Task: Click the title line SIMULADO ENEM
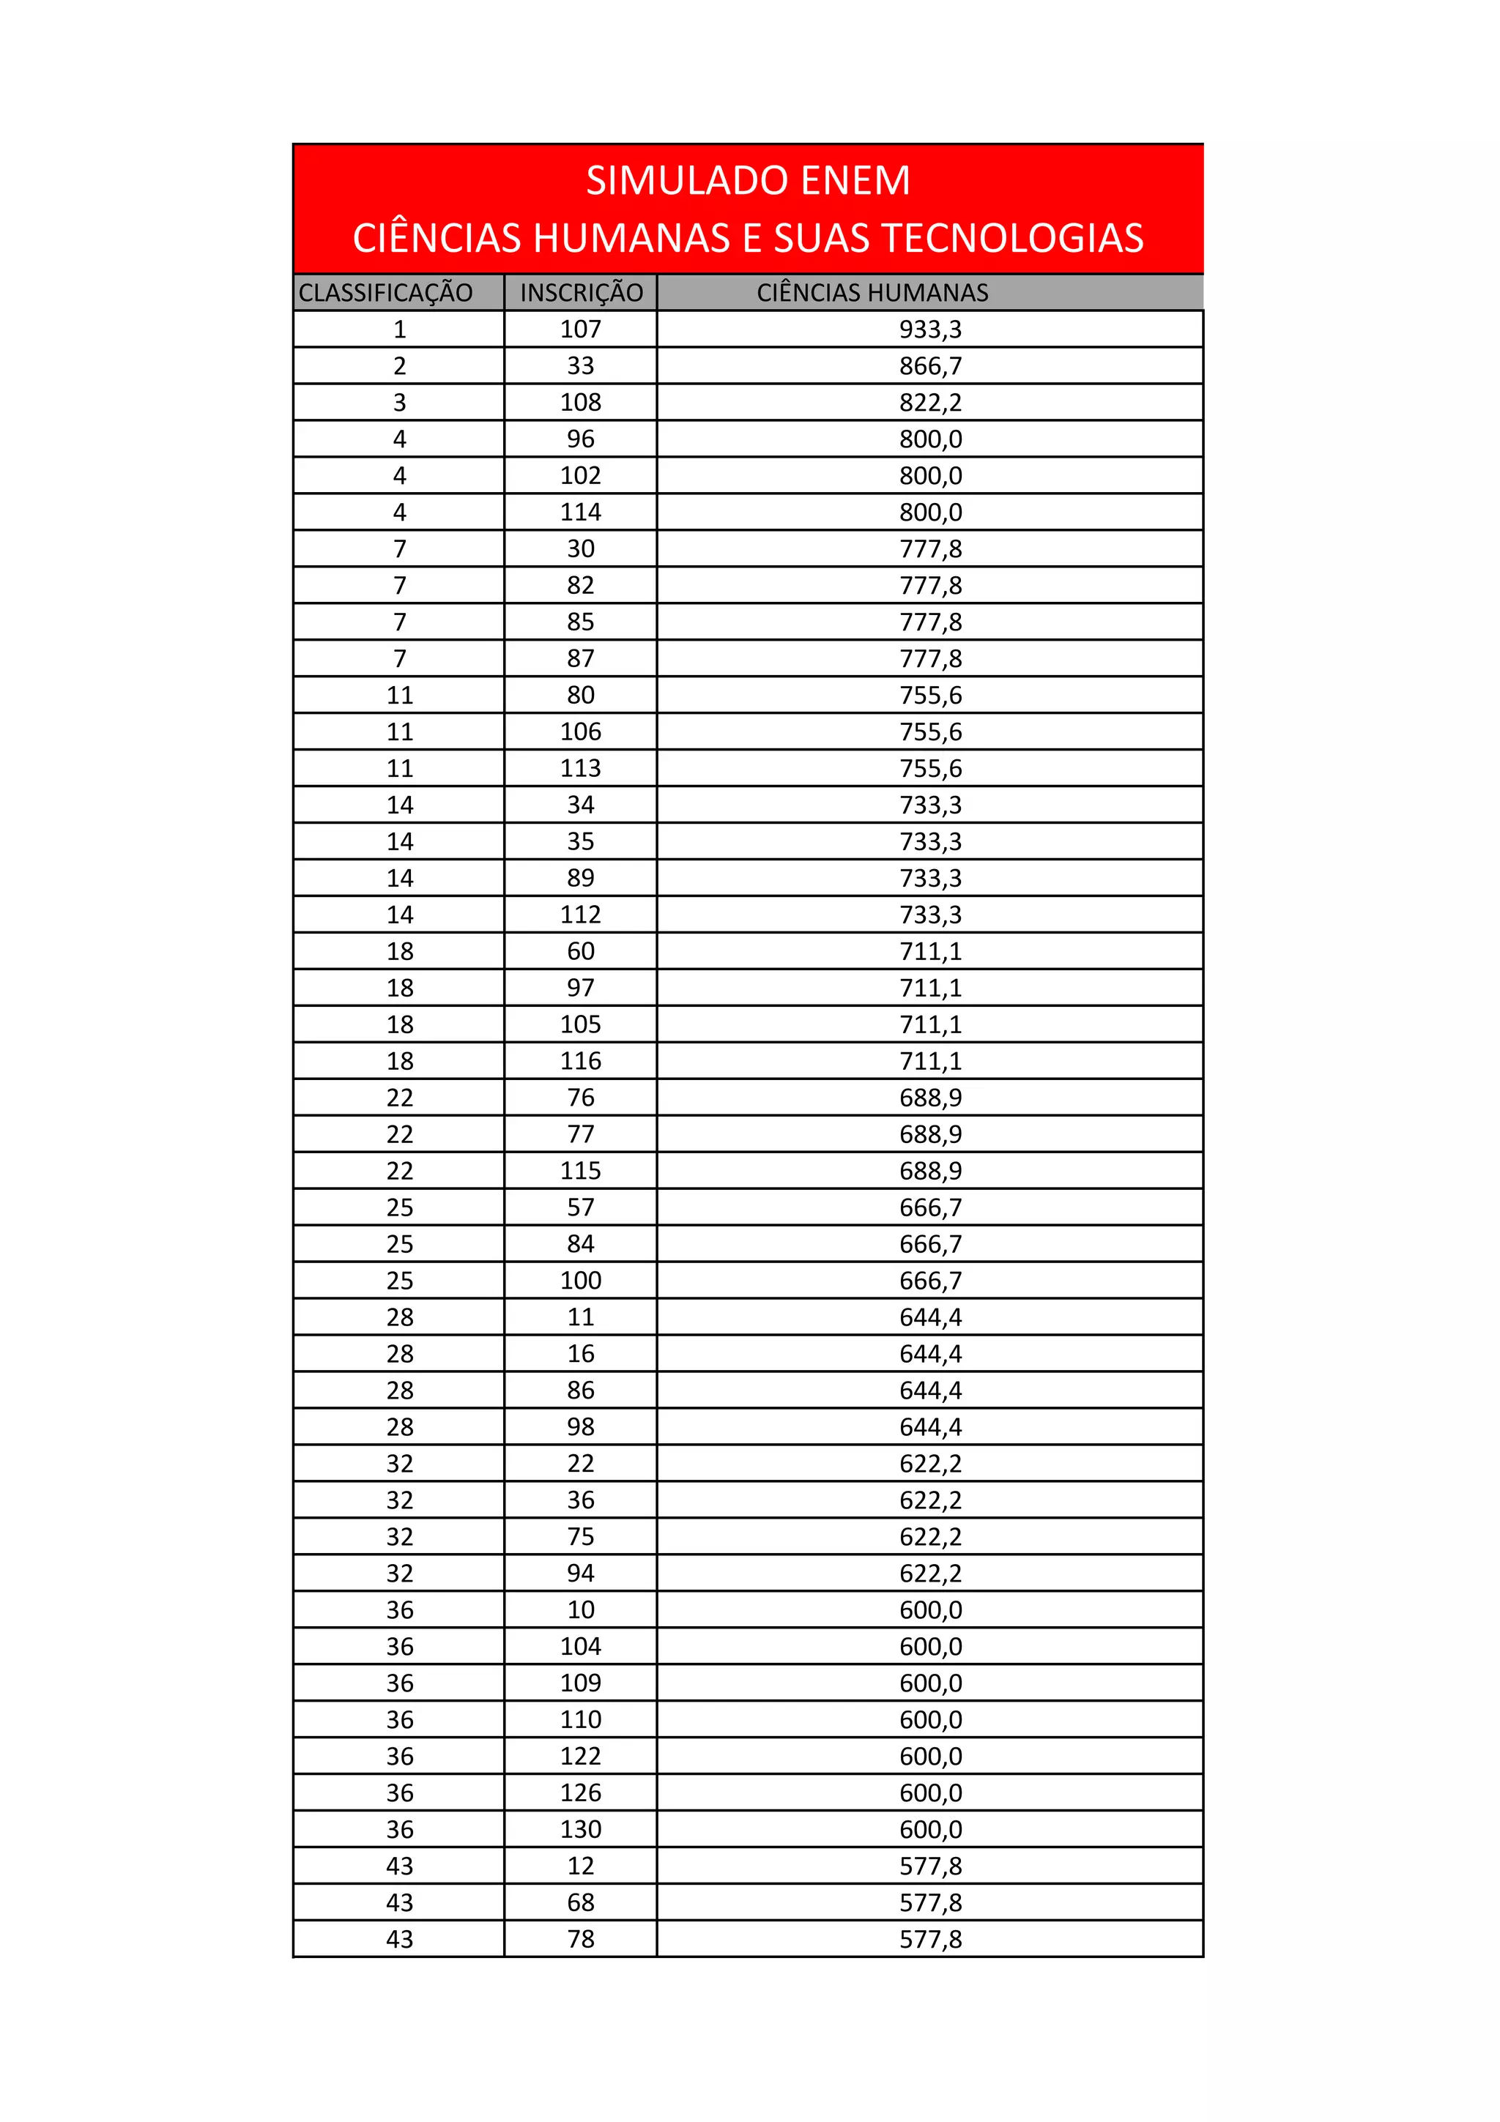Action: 748,180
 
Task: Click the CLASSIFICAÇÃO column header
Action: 385,293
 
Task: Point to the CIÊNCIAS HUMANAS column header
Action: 872,293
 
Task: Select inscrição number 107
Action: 580,329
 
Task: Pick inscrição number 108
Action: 580,402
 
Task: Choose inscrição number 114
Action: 580,512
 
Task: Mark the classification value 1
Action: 399,329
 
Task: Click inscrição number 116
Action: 580,1061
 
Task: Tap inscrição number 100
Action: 580,1280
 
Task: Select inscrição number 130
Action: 580,1829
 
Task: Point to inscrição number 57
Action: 580,1207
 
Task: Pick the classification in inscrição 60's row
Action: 399,951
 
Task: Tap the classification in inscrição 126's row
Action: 399,1793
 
